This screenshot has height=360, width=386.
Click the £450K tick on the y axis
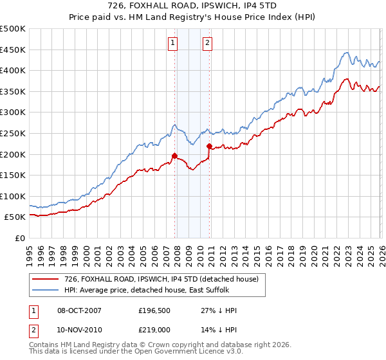(x=13, y=50)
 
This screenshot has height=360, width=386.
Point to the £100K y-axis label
(x=13, y=196)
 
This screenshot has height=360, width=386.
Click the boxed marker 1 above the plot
(x=174, y=43)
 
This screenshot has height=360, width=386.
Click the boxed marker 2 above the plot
(x=208, y=43)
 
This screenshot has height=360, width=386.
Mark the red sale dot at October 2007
(x=174, y=156)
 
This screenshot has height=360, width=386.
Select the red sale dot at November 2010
(x=210, y=146)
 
